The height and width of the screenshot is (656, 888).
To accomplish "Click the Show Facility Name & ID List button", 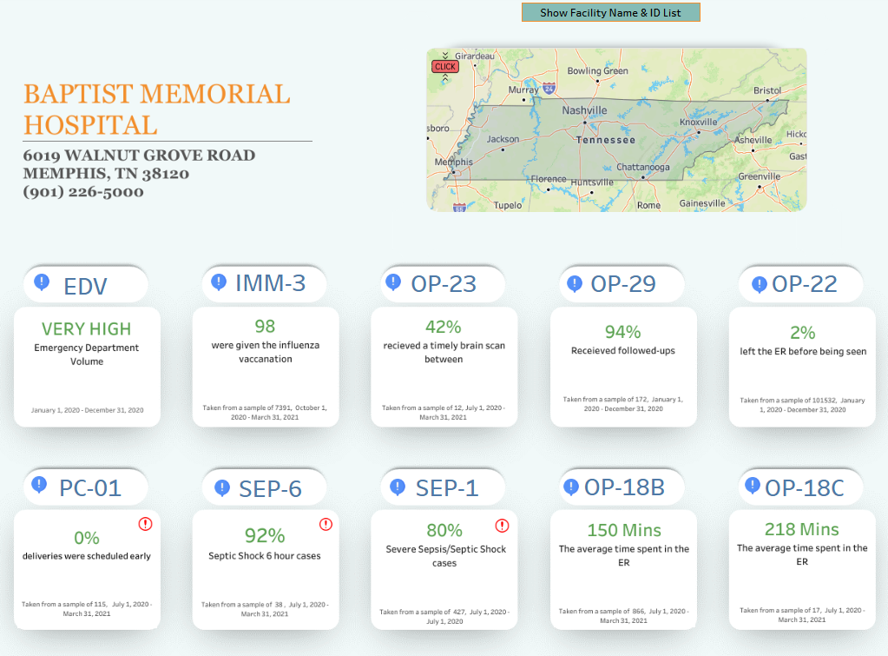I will pyautogui.click(x=610, y=12).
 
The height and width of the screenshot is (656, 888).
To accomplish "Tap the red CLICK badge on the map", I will pyautogui.click(x=444, y=67).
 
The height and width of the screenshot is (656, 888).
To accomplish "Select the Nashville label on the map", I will pyautogui.click(x=584, y=110).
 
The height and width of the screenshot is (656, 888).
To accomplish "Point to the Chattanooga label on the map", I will pyautogui.click(x=642, y=167).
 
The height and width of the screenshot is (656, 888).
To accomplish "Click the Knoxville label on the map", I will pyautogui.click(x=699, y=123).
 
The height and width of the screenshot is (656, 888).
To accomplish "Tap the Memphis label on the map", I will pyautogui.click(x=453, y=162).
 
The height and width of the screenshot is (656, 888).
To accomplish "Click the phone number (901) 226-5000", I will pyautogui.click(x=83, y=192).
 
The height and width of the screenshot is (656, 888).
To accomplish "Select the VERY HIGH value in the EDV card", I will pyautogui.click(x=87, y=329).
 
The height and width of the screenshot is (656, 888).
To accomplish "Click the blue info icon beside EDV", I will pyautogui.click(x=42, y=282).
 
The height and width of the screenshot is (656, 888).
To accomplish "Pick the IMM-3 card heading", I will pyautogui.click(x=270, y=283).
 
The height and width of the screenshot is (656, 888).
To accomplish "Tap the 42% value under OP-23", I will pyautogui.click(x=443, y=327).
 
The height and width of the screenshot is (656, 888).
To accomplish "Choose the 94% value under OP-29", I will pyautogui.click(x=622, y=332).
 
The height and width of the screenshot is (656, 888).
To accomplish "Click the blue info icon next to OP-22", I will pyautogui.click(x=760, y=284).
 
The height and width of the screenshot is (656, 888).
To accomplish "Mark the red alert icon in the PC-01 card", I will pyautogui.click(x=145, y=524).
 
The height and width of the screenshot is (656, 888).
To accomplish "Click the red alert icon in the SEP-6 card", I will pyautogui.click(x=326, y=524).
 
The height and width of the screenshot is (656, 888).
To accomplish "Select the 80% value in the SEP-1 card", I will pyautogui.click(x=444, y=530).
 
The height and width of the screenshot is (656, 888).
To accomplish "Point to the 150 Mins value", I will pyautogui.click(x=623, y=530).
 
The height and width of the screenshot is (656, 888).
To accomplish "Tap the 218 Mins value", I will pyautogui.click(x=801, y=529).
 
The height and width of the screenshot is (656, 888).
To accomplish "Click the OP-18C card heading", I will pyautogui.click(x=804, y=488).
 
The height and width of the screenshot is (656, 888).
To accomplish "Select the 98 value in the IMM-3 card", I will pyautogui.click(x=265, y=327).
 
